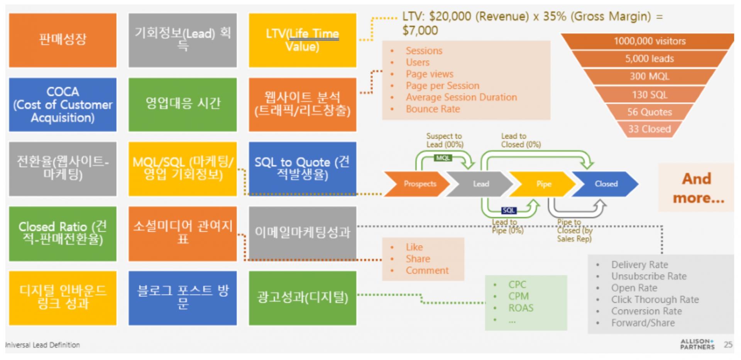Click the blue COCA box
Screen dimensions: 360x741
coord(63,105)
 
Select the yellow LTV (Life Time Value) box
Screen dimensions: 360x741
coord(302,40)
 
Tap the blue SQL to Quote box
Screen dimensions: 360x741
coord(302,169)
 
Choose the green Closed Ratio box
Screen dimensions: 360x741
coord(63,233)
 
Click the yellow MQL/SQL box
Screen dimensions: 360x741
coord(183,169)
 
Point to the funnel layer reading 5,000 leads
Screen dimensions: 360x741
coord(649,59)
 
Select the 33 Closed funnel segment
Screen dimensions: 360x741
coord(649,129)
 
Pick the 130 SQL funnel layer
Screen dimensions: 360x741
coord(649,95)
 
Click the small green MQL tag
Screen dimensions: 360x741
coord(443,158)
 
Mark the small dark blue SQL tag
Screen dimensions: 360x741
coord(508,210)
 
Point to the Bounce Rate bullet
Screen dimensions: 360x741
coord(433,109)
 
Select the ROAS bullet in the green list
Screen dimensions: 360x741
coord(521,308)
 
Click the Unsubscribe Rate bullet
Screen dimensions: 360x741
coord(648,276)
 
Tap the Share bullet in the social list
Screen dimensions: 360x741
coord(418,259)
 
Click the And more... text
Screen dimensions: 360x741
coord(698,188)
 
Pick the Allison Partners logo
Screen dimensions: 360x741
coord(697,344)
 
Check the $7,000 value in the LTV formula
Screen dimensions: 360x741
coord(420,30)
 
